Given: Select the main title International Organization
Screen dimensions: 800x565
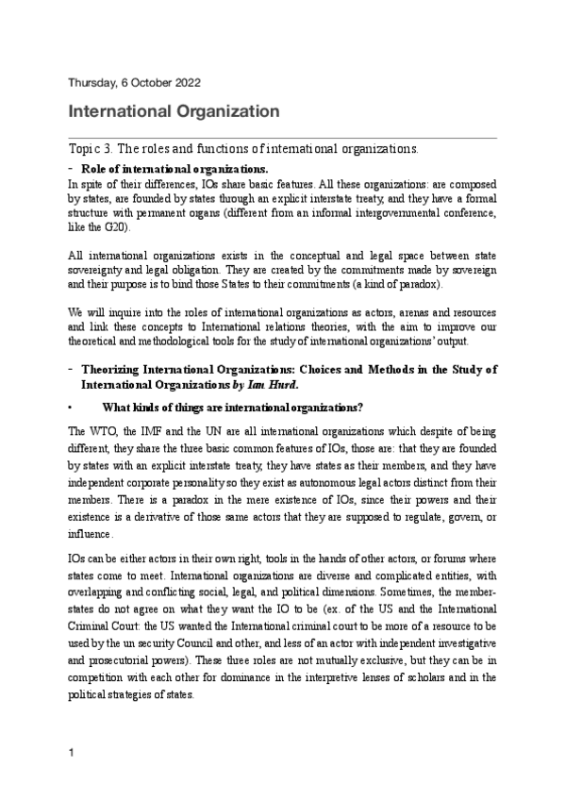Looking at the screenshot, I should [x=174, y=112].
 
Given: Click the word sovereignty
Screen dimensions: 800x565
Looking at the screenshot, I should [x=99, y=270].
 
